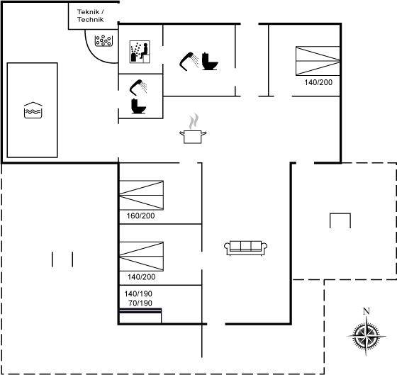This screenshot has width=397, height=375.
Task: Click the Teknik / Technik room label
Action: point(91,16)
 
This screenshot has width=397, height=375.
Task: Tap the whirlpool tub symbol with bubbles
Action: point(104,41)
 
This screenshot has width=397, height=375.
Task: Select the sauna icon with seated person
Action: point(140,52)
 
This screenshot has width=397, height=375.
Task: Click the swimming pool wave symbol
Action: point(33,110)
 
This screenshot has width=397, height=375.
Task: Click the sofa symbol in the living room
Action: point(245,248)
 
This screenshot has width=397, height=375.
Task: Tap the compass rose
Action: point(367,336)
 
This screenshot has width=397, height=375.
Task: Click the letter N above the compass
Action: point(367,311)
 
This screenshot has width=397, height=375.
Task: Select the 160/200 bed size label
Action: point(140,216)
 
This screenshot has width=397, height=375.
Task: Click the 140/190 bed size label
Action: point(138,293)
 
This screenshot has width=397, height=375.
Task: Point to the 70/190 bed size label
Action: point(140,303)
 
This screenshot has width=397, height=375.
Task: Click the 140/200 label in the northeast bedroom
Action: point(318,82)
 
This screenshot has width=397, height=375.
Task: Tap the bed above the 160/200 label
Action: point(141,195)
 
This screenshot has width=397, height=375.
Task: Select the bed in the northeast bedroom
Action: point(318,61)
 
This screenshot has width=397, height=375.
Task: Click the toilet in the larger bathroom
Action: point(210,61)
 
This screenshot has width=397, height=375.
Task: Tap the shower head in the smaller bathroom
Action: point(138,87)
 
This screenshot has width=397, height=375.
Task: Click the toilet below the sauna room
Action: point(138,106)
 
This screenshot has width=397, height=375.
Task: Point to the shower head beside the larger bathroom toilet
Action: point(189,61)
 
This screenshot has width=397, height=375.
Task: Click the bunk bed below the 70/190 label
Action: point(140,315)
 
